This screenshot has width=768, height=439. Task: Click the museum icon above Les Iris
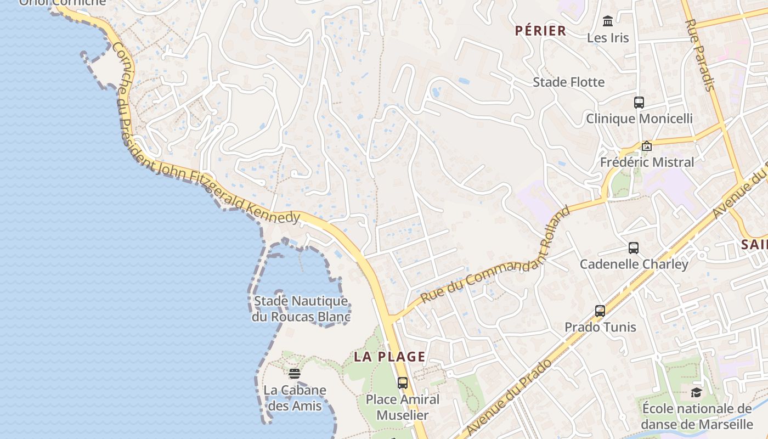coord(608,21)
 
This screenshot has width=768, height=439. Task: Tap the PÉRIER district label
coord(540,31)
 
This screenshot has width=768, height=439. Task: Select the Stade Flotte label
coord(569,82)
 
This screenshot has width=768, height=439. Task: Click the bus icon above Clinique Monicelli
coord(639,103)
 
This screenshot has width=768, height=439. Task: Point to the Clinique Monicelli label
coord(639,119)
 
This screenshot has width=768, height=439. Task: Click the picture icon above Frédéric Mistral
coord(647,146)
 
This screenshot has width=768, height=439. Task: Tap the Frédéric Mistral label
coord(647,162)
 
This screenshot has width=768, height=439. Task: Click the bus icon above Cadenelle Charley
coord(634,248)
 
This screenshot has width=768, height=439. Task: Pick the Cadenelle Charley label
coord(634,264)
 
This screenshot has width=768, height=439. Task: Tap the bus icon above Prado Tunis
coord(600,311)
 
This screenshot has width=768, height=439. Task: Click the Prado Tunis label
coord(600,327)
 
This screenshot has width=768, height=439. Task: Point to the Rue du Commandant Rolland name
coord(496,256)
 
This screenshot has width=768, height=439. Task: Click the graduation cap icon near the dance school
coord(696,392)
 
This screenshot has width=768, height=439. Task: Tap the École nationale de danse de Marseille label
coord(697,417)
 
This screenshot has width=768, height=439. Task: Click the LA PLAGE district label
coord(389,357)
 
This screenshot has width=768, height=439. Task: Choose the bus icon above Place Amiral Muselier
coord(403,383)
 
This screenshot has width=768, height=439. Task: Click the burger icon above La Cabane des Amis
coord(295,374)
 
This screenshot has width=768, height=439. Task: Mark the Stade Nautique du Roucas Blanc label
coord(301,309)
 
